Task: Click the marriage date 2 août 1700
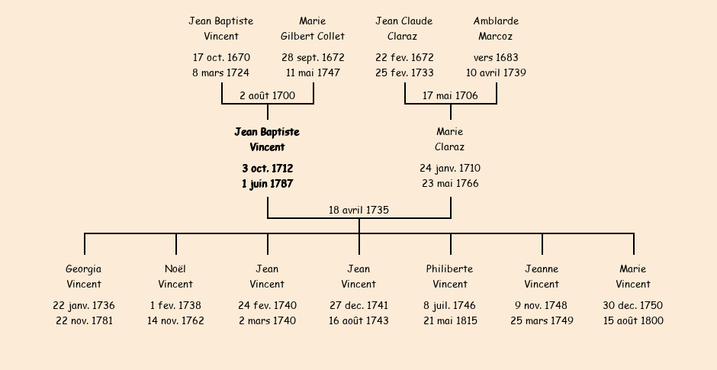(x=268, y=95)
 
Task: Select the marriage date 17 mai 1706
(x=450, y=95)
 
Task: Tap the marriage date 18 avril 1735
(x=359, y=210)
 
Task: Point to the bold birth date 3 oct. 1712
(x=268, y=169)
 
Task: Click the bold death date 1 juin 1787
(x=268, y=184)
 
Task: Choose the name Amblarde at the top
(x=496, y=21)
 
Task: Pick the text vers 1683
(x=496, y=58)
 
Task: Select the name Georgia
(x=84, y=269)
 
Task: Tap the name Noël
(x=175, y=269)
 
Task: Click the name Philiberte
(x=450, y=269)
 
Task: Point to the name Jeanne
(x=542, y=269)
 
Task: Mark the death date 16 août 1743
(x=359, y=320)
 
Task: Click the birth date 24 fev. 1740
(x=268, y=305)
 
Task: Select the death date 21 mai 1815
(x=450, y=320)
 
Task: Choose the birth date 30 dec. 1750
(x=633, y=305)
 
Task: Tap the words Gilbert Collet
(x=313, y=36)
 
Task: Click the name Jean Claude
(x=404, y=21)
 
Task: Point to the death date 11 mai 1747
(x=313, y=72)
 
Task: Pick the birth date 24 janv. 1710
(x=450, y=169)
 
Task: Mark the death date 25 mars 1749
(x=542, y=320)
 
